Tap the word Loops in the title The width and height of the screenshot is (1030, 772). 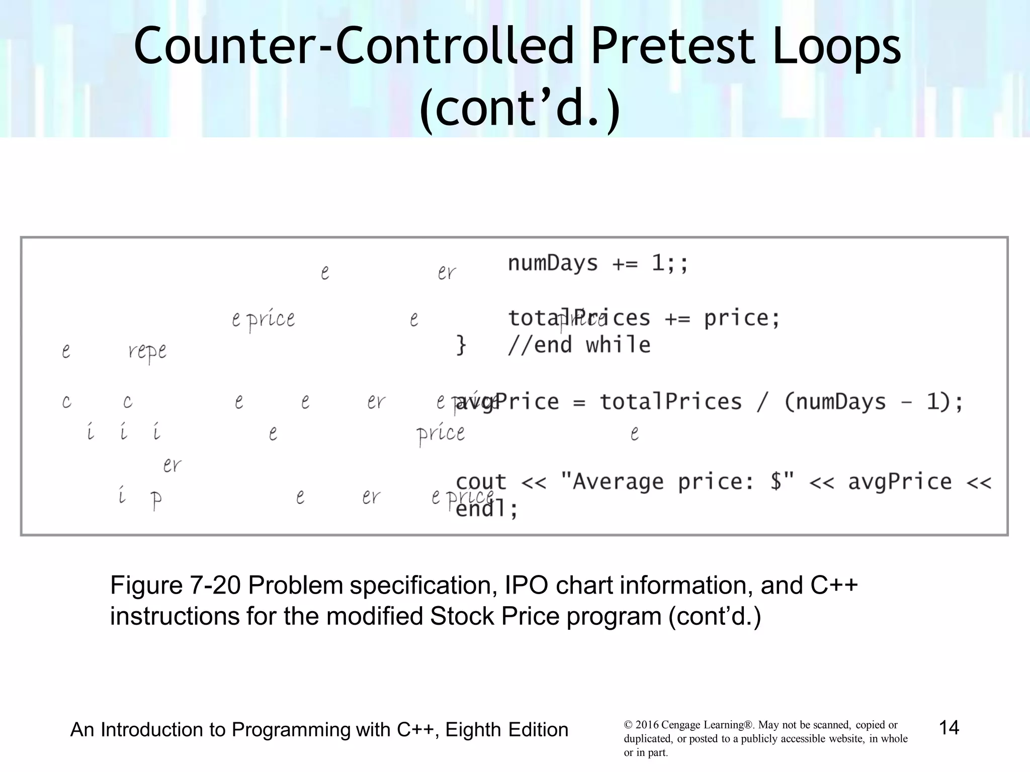click(x=836, y=46)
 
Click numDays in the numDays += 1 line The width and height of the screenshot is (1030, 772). click(x=552, y=263)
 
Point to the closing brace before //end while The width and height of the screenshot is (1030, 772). click(x=461, y=345)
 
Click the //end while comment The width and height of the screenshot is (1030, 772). click(x=579, y=345)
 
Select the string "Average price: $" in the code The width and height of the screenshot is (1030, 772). click(x=676, y=481)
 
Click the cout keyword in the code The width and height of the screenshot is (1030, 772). click(x=480, y=481)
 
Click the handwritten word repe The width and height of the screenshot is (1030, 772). click(x=147, y=351)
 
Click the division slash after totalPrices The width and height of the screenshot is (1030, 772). click(x=762, y=402)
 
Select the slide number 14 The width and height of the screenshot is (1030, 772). click(x=949, y=727)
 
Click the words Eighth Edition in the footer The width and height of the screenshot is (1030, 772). click(x=506, y=730)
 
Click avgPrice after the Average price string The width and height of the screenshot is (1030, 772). click(x=900, y=481)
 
